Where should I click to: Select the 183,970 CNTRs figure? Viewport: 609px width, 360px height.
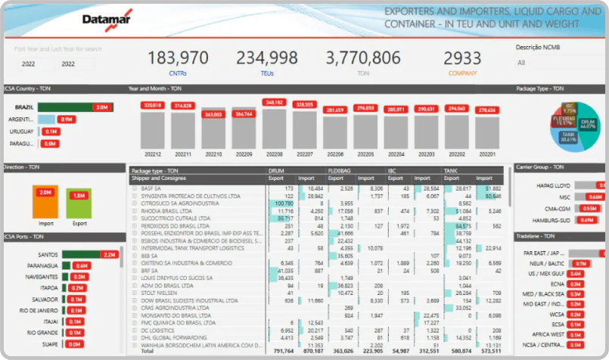pyautogui.click(x=178, y=57)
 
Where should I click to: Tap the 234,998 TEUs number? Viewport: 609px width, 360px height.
pyautogui.click(x=266, y=57)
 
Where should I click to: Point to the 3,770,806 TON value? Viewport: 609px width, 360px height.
pyautogui.click(x=363, y=57)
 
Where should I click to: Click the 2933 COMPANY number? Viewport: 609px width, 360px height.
pyautogui.click(x=461, y=57)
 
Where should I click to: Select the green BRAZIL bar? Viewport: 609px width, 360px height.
pyautogui.click(x=65, y=107)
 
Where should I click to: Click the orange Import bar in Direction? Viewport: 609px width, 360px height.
pyautogui.click(x=45, y=201)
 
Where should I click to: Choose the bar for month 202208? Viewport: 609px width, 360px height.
pyautogui.click(x=273, y=129)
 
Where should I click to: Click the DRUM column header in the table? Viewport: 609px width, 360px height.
pyautogui.click(x=276, y=172)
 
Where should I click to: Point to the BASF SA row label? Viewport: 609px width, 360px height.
pyautogui.click(x=151, y=188)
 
